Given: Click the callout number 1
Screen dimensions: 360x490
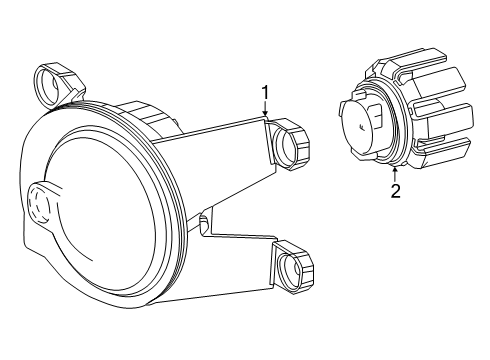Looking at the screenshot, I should tap(266, 94).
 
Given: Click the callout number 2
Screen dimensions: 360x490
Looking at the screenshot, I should tap(395, 191).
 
